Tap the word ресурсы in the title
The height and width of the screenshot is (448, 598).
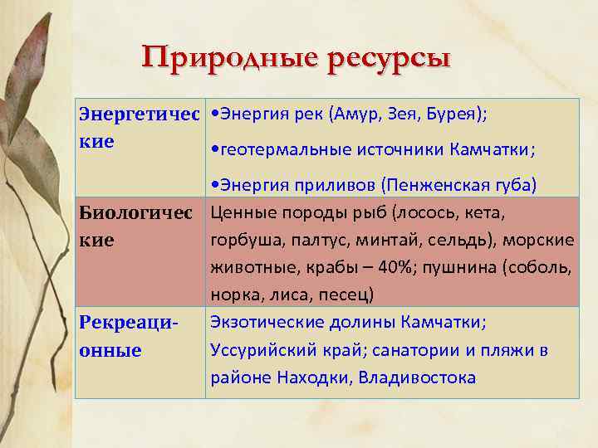[x=389, y=59]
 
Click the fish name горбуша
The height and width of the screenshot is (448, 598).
[x=242, y=240]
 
